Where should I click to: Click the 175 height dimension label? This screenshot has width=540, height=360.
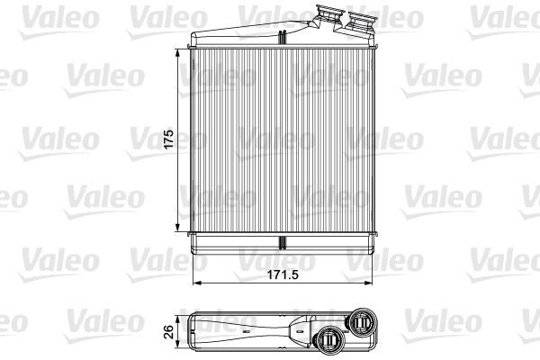click(168, 139)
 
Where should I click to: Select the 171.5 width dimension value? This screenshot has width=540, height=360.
click(283, 274)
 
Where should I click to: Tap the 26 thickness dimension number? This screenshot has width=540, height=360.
click(169, 332)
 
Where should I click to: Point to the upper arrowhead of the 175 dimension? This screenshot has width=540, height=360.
click(177, 53)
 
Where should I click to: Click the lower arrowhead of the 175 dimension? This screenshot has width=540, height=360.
click(177, 228)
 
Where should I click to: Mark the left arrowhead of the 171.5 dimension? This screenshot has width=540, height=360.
click(196, 283)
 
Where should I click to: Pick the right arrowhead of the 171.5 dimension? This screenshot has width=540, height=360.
click(368, 283)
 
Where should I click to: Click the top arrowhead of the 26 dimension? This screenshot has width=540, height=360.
click(177, 320)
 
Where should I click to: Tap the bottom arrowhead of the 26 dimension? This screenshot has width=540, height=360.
click(177, 344)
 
